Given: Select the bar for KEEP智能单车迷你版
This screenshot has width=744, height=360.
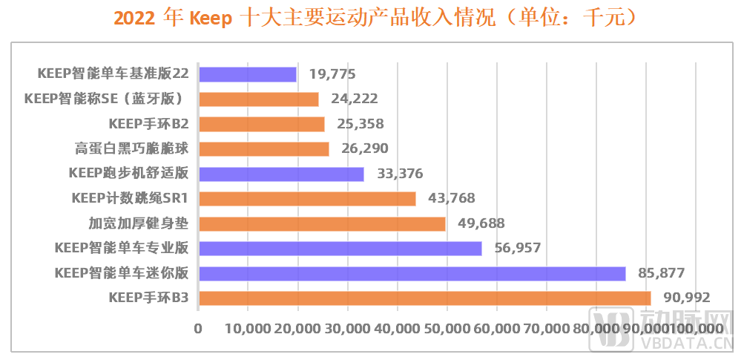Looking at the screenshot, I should (412, 273).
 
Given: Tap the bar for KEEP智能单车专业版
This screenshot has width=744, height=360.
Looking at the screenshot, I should (340, 249).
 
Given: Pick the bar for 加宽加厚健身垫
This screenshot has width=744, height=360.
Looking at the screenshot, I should (322, 223).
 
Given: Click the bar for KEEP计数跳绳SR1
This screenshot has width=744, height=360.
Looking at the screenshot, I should (307, 199).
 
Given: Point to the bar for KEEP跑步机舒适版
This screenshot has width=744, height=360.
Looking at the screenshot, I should (281, 174).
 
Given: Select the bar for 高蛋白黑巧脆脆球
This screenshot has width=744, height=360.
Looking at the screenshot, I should (263, 149).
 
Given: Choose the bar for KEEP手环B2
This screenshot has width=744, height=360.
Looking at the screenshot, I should (261, 124).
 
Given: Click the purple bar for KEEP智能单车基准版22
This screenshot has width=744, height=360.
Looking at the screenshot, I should (247, 74).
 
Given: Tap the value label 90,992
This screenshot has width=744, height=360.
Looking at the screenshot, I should (685, 298).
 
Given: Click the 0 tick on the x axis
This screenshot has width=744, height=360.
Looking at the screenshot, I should (198, 329).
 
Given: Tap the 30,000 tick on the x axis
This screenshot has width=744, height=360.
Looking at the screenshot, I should (346, 329).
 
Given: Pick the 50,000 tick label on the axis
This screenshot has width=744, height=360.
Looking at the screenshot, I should (446, 329).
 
